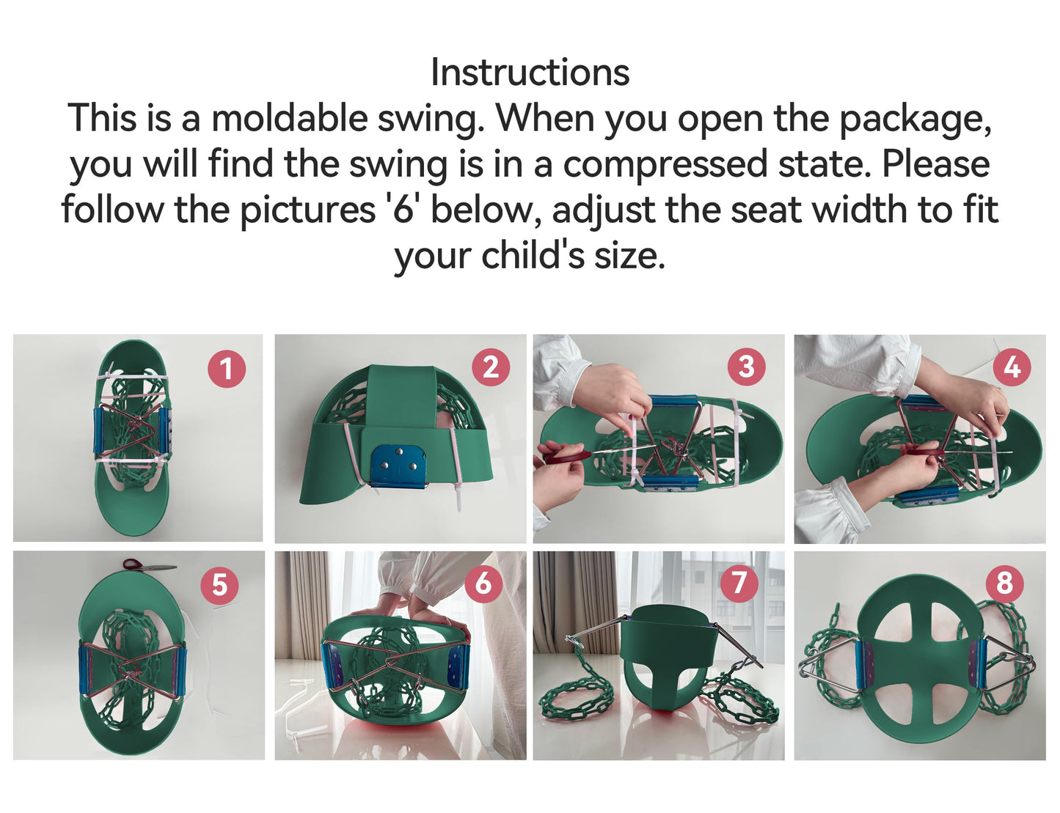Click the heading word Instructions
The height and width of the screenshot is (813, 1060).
[530, 72]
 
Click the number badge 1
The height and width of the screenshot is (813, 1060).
[227, 369]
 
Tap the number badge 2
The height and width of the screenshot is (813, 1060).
[491, 367]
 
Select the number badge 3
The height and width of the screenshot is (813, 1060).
[746, 367]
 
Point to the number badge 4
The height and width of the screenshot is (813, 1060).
[1012, 367]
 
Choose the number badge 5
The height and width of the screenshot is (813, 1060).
[219, 586]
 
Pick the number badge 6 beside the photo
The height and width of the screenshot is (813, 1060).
[483, 583]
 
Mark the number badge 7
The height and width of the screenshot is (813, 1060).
[739, 583]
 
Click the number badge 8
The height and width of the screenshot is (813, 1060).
[1004, 583]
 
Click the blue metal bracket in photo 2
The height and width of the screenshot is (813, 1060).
[398, 466]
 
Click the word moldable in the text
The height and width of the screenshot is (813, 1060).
[289, 119]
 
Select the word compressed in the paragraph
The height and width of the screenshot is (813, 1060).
[665, 164]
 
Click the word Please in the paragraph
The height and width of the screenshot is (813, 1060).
[935, 163]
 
